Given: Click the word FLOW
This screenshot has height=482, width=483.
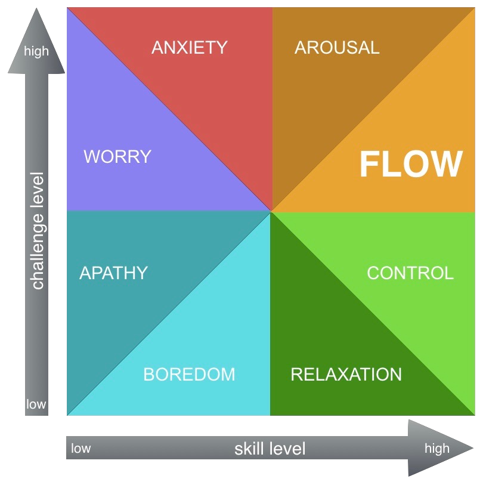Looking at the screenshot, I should pyautogui.click(x=411, y=165).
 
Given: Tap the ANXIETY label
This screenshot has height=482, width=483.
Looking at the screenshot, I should pyautogui.click(x=190, y=48).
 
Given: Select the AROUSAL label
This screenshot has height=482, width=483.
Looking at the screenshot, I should pyautogui.click(x=337, y=48).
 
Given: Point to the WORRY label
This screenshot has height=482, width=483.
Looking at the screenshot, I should pyautogui.click(x=117, y=157).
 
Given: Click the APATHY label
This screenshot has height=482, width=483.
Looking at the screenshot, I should pyautogui.click(x=113, y=273).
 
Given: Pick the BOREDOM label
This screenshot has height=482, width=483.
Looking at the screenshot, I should pyautogui.click(x=189, y=375).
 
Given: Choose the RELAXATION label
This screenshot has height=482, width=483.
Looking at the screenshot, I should pyautogui.click(x=346, y=375).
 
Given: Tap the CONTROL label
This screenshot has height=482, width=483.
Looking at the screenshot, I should pyautogui.click(x=410, y=273).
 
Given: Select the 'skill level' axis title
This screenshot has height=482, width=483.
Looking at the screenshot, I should pyautogui.click(x=270, y=449).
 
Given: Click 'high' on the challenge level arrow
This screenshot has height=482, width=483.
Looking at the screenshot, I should pyautogui.click(x=36, y=52).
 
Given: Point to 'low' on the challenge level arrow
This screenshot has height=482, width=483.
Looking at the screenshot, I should pyautogui.click(x=36, y=404).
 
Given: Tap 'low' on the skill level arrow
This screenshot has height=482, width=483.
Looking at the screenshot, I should pyautogui.click(x=80, y=449).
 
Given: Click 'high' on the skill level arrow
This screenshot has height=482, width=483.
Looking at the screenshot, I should pyautogui.click(x=437, y=449).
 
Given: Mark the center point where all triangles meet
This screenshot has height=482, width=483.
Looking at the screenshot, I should pyautogui.click(x=271, y=211).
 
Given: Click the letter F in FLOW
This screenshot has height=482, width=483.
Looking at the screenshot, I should pyautogui.click(x=369, y=165).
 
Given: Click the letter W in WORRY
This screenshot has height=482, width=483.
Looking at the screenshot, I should pyautogui.click(x=91, y=157).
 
